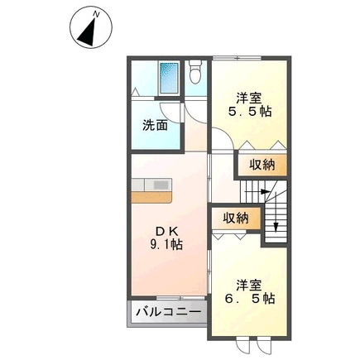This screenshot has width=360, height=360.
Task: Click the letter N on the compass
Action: click(x=96, y=14)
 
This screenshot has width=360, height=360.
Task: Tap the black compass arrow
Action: click(x=89, y=32)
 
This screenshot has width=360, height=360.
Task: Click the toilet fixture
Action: click(x=195, y=72)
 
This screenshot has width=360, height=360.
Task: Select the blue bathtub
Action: click(x=169, y=78)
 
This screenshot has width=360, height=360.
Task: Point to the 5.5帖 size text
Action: click(x=249, y=111)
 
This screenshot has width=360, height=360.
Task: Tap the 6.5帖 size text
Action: click(x=249, y=299)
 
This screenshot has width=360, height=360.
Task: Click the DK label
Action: click(x=168, y=232)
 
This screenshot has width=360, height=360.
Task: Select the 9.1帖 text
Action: click(x=166, y=244)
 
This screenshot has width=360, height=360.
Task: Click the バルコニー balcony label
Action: click(x=169, y=313)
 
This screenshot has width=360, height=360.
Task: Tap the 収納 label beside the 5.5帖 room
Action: click(x=262, y=165)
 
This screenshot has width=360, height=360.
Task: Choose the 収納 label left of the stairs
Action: click(x=236, y=218)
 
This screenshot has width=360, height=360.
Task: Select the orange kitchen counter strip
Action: click(x=151, y=198)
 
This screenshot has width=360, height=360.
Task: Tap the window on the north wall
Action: click(x=237, y=58)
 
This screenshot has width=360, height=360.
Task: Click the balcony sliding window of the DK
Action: click(x=180, y=298)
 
